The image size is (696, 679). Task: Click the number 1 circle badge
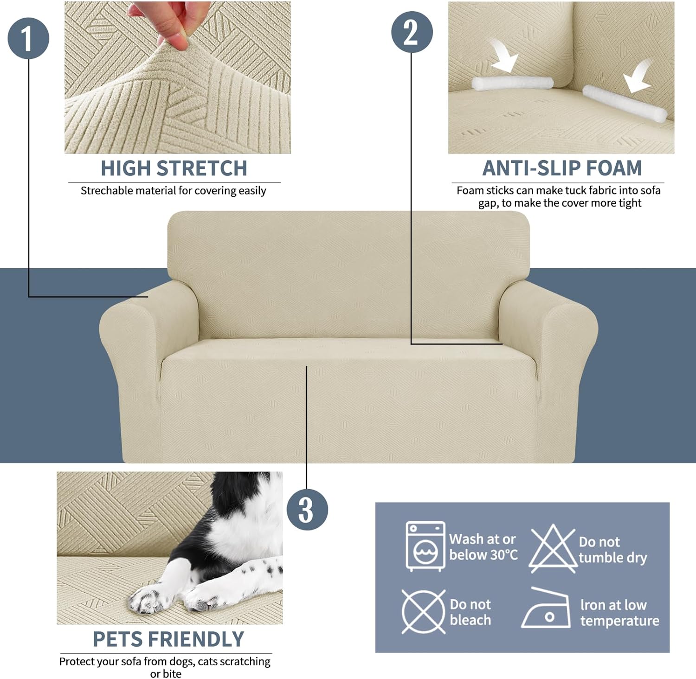coord(28,38)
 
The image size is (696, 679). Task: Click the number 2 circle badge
coord(412,32)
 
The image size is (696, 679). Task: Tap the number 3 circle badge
coord(307,510)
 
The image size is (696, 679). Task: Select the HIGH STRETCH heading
coord(174,168)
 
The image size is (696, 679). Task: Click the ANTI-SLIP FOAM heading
coord(562,168)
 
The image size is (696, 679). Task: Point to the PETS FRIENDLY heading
coord(168,639)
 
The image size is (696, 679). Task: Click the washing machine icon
coord(425,546)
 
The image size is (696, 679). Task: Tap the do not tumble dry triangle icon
coord(552,548)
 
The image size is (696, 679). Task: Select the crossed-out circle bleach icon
coord(423,612)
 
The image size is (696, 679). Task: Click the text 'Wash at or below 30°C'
coord(483,547)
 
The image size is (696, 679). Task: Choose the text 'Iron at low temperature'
coord(619,613)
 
